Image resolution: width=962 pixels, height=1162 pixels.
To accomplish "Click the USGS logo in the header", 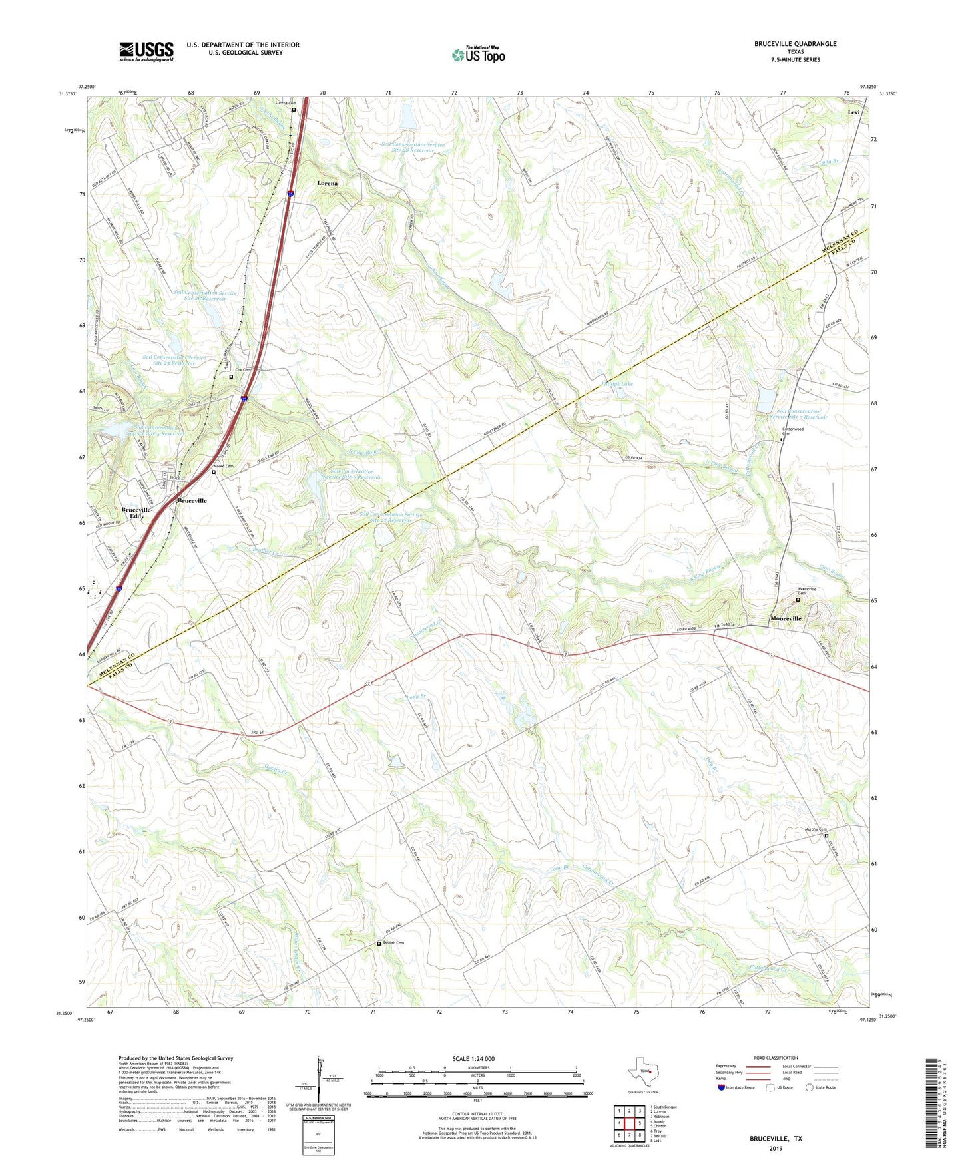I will pyautogui.click(x=146, y=51).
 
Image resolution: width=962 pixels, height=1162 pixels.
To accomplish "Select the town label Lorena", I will pyautogui.click(x=327, y=183).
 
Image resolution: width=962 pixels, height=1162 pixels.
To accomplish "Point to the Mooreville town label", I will pyautogui.click(x=786, y=618).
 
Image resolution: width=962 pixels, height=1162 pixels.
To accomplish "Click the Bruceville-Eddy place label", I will pyautogui.click(x=137, y=512).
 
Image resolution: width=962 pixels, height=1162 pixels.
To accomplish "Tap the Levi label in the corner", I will pyautogui.click(x=853, y=112).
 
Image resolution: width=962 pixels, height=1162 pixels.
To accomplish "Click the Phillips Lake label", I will pyautogui.click(x=617, y=384).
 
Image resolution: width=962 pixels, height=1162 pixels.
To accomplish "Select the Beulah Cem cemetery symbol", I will pyautogui.click(x=379, y=943).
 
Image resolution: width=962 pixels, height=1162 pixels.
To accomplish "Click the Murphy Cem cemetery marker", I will pyautogui.click(x=826, y=835).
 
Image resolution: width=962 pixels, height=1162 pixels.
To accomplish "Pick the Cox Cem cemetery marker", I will pyautogui.click(x=231, y=377).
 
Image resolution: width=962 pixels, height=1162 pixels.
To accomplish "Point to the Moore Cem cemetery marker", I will pyautogui.click(x=214, y=472).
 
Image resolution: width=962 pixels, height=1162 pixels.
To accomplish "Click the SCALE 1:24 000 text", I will pyautogui.click(x=473, y=1058).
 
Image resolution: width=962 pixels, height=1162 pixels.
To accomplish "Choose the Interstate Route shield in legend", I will pyautogui.click(x=722, y=1088).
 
